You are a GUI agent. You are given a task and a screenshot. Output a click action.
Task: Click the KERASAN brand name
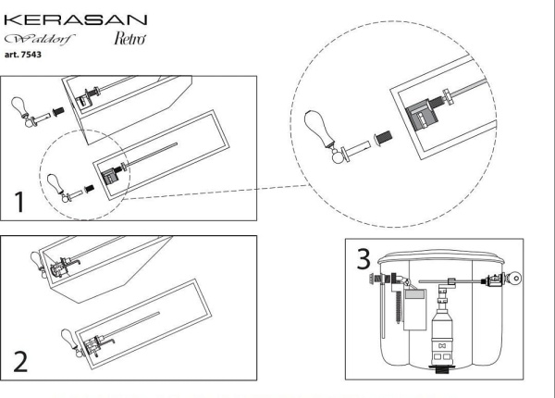click(x=76, y=19)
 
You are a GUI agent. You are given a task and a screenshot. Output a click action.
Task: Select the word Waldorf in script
click(x=40, y=39)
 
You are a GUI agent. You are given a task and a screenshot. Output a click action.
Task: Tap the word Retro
click(x=129, y=38)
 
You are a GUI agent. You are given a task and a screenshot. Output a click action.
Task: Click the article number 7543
click(x=31, y=55)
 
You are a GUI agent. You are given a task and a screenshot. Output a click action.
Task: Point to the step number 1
click(x=19, y=202)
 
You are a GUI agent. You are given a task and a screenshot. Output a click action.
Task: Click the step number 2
click(x=20, y=362)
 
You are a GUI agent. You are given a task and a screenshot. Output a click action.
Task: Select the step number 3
click(x=364, y=259)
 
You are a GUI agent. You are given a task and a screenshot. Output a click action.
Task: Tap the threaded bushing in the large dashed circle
click(x=383, y=137)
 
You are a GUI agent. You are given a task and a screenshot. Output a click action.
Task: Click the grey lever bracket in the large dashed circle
click(x=422, y=114)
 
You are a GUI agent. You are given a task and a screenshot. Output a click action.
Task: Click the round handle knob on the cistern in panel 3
click(x=514, y=279)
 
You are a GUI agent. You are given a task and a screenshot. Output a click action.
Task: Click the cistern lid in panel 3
click(x=441, y=256)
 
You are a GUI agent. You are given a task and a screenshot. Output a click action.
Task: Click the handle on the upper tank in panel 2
click(x=38, y=265)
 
